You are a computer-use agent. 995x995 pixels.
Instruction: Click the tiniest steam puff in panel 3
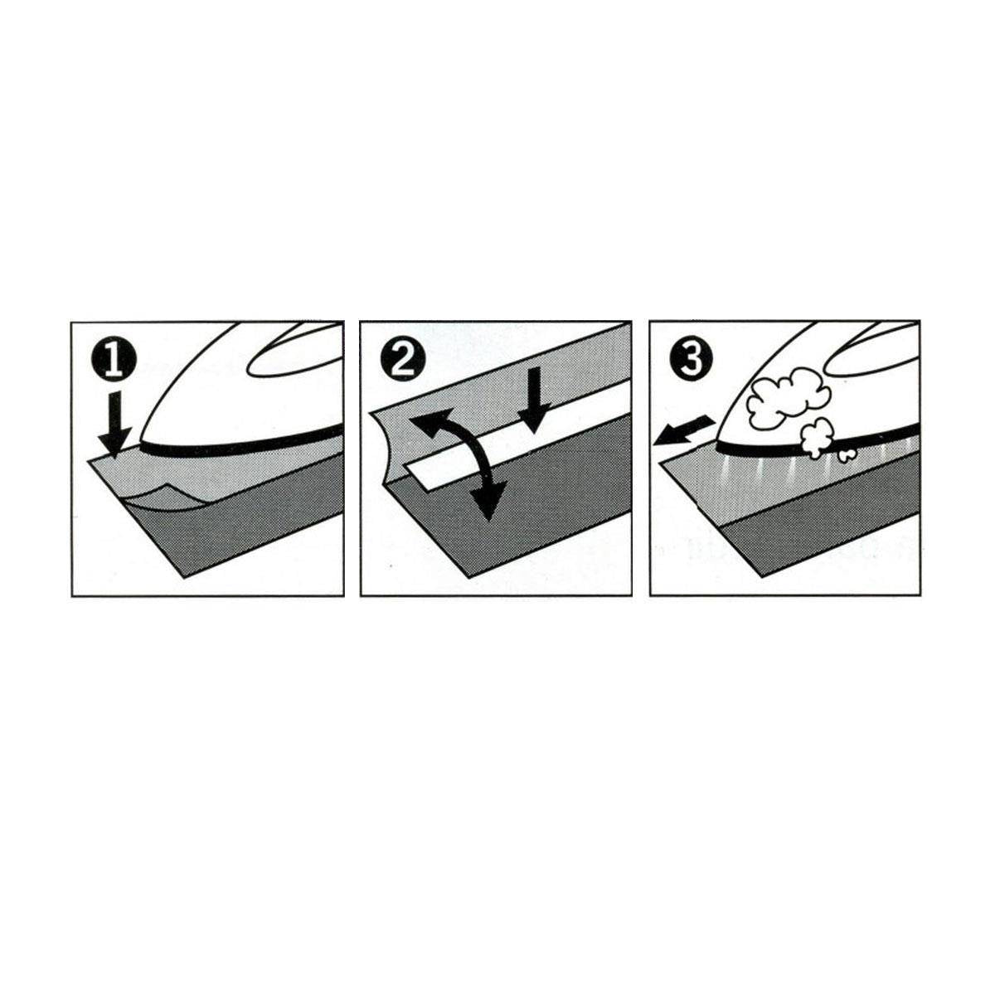point(847,455)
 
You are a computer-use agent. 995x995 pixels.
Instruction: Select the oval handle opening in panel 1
point(294,351)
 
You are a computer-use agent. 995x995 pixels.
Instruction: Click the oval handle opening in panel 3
point(872,350)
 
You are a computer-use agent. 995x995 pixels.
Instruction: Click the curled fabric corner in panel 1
point(158,498)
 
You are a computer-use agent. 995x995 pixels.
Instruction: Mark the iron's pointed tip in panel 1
point(140,443)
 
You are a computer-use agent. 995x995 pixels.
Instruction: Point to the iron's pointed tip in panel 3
point(716,443)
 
